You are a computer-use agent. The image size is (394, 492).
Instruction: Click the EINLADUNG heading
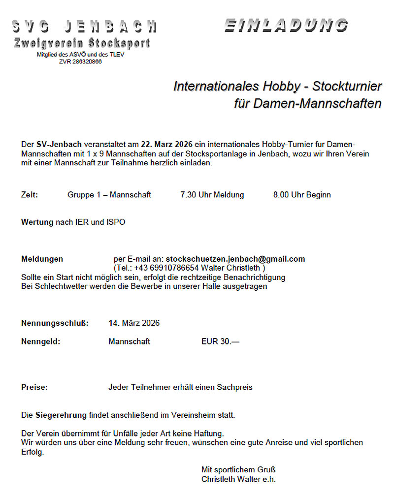coord(286,25)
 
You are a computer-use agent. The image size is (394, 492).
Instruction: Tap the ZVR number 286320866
coord(80,61)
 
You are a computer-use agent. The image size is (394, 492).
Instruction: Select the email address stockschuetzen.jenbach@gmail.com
coord(235,259)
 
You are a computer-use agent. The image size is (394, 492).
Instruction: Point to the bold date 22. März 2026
coord(166,144)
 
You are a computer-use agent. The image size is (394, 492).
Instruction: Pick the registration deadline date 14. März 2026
coord(134,323)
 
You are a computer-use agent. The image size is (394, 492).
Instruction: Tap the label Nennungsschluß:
coord(55,323)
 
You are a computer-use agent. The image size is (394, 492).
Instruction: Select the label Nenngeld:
coord(40,341)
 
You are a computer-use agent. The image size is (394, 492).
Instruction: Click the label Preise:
coord(34,387)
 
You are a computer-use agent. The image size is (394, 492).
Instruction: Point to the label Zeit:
coord(30,195)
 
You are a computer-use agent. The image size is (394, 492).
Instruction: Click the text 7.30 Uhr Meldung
coord(212,195)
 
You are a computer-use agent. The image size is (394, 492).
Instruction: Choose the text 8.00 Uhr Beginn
coord(302,195)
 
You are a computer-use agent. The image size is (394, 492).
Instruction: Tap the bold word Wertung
coord(37,222)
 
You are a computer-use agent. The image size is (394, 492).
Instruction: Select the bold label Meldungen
coord(42,259)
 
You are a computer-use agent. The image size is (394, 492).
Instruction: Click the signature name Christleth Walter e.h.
coord(238,479)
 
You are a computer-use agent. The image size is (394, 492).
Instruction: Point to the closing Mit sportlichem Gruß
coord(235,469)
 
